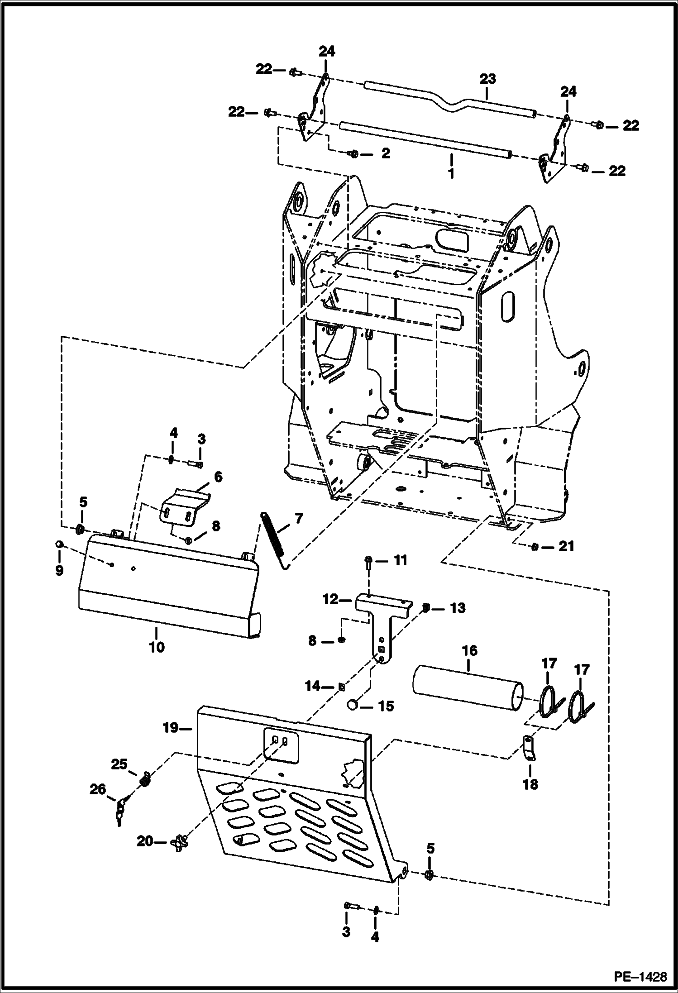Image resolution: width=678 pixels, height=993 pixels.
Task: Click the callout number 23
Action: pos(487,79)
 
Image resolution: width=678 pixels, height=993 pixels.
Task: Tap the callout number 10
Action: pos(156,647)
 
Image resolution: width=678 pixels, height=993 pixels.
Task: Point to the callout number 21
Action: pos(566,546)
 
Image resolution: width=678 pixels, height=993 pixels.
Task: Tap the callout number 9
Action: pos(59,570)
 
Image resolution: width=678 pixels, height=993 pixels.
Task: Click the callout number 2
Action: pos(385,153)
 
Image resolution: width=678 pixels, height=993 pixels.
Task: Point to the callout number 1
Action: pos(451,173)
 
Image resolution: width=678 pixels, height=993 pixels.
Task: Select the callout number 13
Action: pos(458,607)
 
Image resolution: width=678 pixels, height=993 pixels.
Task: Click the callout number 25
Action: pos(119,764)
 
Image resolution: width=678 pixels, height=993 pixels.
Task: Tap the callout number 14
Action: pos(312,687)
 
